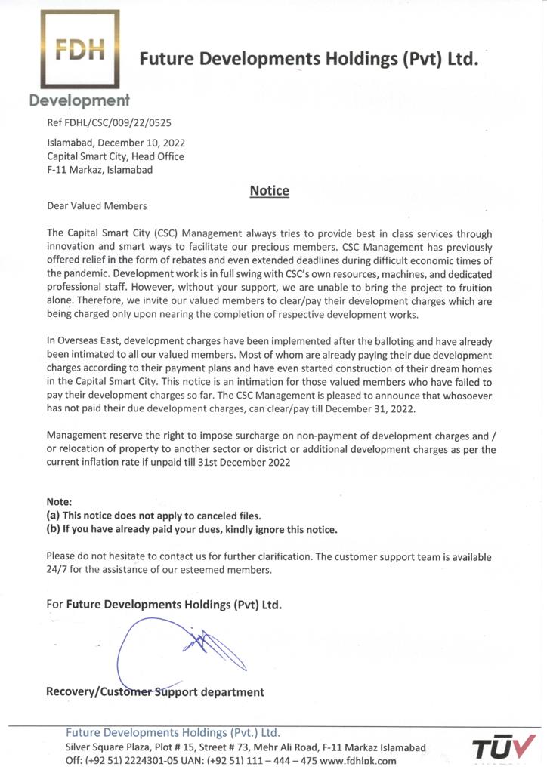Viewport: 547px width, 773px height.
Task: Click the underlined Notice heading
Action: pyautogui.click(x=269, y=191)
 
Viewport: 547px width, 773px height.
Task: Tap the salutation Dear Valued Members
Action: pyautogui.click(x=97, y=205)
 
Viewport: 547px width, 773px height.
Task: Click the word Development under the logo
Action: pyautogui.click(x=79, y=100)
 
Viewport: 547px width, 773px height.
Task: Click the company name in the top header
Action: pyautogui.click(x=309, y=59)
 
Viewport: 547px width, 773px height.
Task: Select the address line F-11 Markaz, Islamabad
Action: pyautogui.click(x=100, y=170)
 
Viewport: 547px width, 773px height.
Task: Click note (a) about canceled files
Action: pyautogui.click(x=153, y=516)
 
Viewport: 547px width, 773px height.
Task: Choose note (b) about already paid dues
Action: pyautogui.click(x=192, y=529)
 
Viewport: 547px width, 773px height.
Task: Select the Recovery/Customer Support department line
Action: pyautogui.click(x=155, y=691)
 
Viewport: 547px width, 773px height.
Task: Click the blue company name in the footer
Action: pyautogui.click(x=173, y=732)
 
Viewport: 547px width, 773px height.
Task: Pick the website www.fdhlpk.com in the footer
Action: pyautogui.click(x=358, y=761)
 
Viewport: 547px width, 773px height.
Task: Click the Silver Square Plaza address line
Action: pyautogui.click(x=246, y=747)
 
